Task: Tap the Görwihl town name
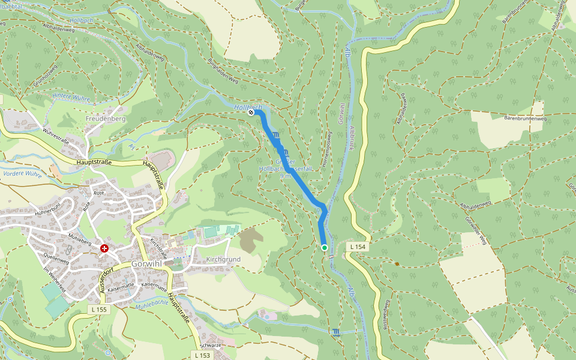(148, 264)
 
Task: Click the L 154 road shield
(358, 247)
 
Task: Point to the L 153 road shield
(202, 355)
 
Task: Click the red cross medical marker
(104, 248)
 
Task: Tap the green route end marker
(325, 247)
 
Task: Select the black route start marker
(251, 112)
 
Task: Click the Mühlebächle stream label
(152, 303)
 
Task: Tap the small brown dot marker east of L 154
(397, 263)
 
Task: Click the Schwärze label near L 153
(211, 346)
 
